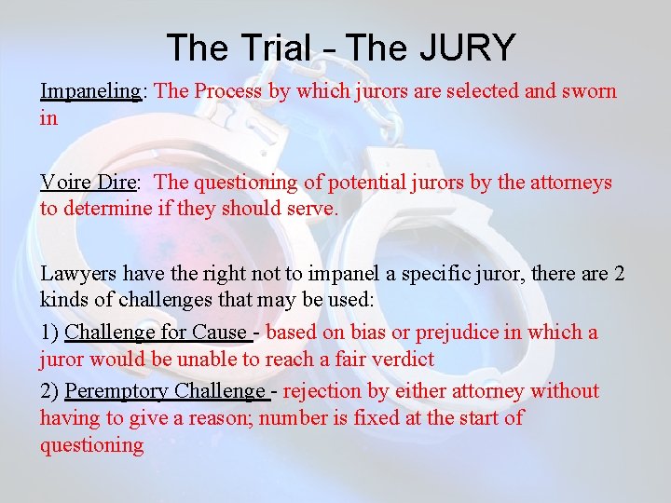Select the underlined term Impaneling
89,91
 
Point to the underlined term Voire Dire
87,183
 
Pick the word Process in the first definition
227,91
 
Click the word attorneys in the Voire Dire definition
571,183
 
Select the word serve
311,209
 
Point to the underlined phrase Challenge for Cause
155,333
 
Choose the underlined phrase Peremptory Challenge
166,391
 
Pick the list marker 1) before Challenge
49,333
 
